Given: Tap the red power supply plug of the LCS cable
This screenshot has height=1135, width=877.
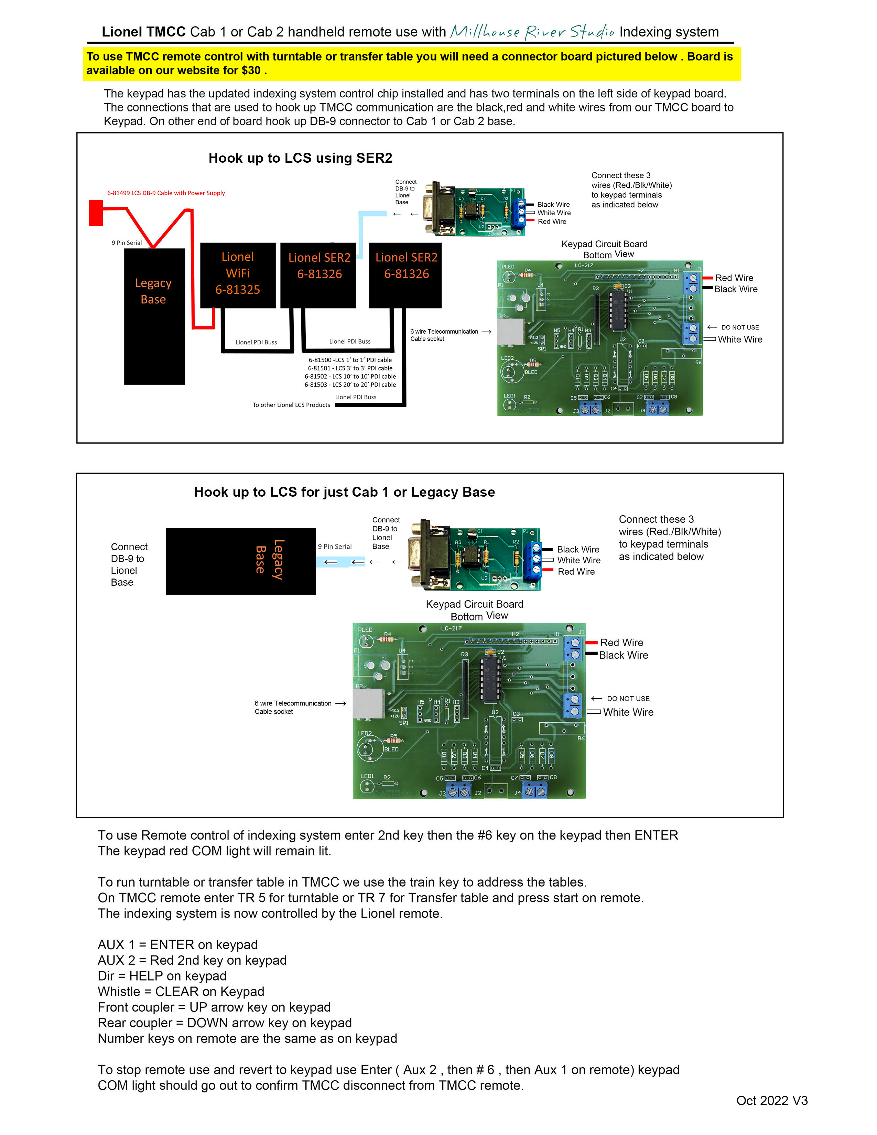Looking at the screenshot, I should coord(96,213).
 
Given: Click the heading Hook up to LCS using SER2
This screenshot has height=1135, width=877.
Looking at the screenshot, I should coord(300,158).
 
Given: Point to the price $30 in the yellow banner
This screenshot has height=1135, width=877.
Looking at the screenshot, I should coord(250,71).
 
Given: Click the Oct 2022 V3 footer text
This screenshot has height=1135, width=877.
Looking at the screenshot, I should coord(771,1100).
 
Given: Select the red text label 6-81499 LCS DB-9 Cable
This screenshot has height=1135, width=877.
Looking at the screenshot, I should coord(166,193).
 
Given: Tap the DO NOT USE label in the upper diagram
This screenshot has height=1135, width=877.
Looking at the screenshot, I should coord(739,327).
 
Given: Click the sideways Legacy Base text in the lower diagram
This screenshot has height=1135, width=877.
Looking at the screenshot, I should coord(269,559).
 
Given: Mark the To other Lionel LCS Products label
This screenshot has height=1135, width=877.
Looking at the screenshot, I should coord(291,405).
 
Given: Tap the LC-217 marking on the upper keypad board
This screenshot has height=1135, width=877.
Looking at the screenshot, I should coord(583,266).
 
